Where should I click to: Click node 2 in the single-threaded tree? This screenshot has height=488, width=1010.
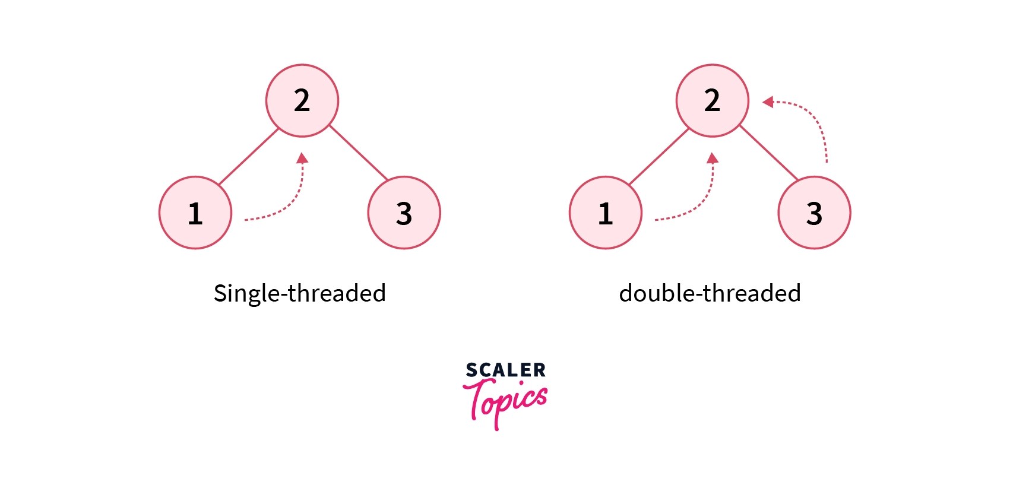[302, 101]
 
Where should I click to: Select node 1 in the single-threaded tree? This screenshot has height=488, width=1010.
[195, 213]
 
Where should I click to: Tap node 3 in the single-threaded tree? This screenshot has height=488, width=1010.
[404, 213]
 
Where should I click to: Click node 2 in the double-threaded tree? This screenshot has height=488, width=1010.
[712, 101]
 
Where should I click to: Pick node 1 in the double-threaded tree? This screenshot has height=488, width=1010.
[606, 213]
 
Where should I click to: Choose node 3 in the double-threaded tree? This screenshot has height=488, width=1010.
[814, 213]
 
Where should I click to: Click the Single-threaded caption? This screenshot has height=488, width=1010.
[300, 293]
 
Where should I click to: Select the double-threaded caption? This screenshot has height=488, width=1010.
[710, 293]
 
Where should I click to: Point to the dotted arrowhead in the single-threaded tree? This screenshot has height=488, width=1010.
[302, 158]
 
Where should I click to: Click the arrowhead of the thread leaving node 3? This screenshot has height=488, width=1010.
[768, 102]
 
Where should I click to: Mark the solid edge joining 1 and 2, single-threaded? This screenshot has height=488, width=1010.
[248, 156]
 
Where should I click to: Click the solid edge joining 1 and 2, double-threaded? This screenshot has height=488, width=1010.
[658, 156]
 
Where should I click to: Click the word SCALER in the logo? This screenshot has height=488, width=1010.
[505, 370]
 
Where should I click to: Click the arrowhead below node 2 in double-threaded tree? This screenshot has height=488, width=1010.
[713, 158]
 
